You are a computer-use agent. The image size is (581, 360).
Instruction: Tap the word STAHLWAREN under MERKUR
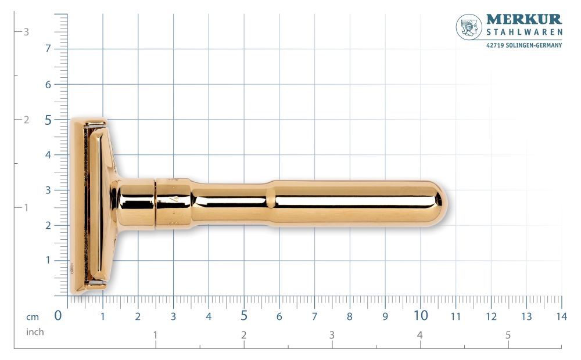coord(524,33)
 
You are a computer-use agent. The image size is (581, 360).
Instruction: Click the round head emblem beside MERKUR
coord(469,27)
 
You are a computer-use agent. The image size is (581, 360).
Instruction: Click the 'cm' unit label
coord(32,317)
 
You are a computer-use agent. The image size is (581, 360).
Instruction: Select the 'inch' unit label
coord(35,332)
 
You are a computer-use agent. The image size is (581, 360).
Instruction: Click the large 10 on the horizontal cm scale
coord(420,316)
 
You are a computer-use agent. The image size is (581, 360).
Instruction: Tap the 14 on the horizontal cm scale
coord(561,317)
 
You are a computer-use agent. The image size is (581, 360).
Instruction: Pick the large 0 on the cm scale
coord(58,316)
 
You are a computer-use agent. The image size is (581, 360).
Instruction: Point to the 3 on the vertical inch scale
coord(26,32)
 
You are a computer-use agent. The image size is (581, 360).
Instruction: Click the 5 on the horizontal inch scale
coord(508,335)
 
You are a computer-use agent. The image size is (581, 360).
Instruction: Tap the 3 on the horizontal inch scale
coord(332,335)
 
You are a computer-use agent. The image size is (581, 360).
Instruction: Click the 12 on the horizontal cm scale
coord(491,317)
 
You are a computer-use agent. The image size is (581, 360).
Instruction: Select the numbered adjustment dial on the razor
coord(173,204)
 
